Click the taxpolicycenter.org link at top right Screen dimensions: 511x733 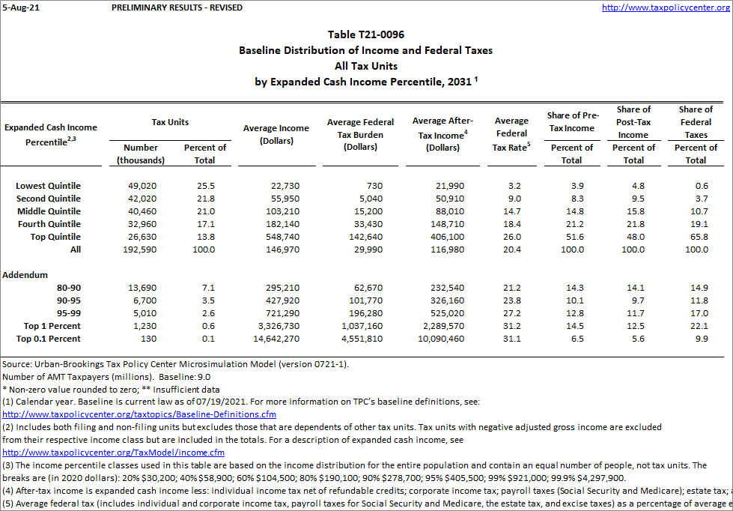(666, 7)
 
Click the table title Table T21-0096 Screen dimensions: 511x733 (366, 34)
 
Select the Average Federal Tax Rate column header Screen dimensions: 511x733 (511, 133)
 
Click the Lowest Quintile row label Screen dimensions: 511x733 (48, 186)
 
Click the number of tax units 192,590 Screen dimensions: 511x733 (139, 250)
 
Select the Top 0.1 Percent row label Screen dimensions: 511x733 (49, 339)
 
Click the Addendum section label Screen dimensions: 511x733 (25, 275)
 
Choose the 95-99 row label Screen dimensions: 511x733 (68, 313)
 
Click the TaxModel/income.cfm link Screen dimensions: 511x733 (114, 453)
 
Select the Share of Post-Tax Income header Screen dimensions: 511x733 (633, 122)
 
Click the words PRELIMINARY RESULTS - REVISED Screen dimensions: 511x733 (177, 7)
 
